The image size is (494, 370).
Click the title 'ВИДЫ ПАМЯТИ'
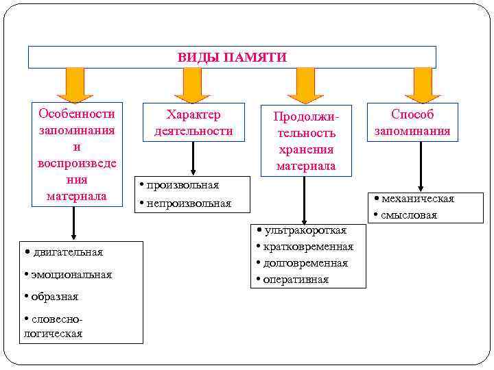point(232,57)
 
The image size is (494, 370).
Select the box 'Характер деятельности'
point(193,123)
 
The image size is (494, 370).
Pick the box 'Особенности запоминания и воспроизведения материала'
point(76,155)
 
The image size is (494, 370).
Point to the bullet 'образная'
point(54,297)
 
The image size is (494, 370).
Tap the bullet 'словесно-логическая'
point(55,327)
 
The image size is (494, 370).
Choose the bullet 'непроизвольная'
point(187,203)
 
